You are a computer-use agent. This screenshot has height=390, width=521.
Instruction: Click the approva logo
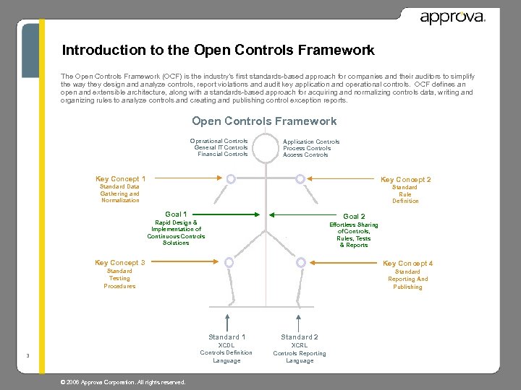pos(452,17)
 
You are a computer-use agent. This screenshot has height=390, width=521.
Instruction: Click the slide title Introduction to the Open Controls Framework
pos(218,51)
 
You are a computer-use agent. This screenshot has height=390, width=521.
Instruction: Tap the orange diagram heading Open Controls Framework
pos(264,121)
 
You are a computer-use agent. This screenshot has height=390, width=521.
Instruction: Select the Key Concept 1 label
pos(120,178)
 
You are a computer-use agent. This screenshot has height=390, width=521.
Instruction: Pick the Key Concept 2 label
pos(405,179)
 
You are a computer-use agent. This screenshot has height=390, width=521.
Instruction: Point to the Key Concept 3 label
pos(120,262)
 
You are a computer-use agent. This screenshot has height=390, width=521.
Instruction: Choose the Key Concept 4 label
pos(407,264)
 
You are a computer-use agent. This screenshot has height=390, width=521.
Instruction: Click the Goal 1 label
pos(176,214)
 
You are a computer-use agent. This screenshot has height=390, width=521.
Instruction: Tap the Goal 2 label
pos(354,216)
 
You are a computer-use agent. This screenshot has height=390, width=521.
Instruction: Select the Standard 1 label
pos(226,337)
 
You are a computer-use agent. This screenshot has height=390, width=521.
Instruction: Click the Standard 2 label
pos(300,337)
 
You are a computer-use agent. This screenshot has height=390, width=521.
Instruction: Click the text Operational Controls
pos(219,141)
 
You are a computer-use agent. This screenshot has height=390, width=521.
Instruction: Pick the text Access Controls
pos(305,155)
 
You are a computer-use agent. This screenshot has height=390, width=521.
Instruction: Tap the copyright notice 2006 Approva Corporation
pos(123,382)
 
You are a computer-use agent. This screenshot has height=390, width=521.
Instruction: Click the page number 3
pos(27,355)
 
